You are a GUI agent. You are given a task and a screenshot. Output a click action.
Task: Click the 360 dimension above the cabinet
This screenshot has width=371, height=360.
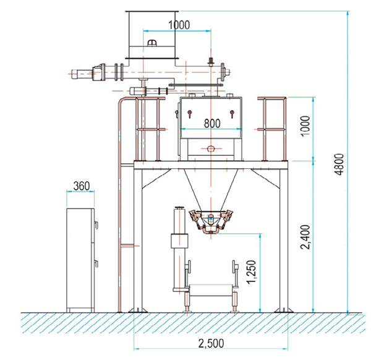(x=80, y=186)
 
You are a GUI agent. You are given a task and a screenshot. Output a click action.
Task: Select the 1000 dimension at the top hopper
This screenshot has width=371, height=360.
(x=179, y=25)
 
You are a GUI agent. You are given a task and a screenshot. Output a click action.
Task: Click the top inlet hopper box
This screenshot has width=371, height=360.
(x=152, y=34)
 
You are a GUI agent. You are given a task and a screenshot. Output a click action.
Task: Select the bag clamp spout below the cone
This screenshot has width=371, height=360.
(x=211, y=221)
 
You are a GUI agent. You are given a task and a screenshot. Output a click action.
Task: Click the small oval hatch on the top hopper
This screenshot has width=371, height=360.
(x=153, y=42)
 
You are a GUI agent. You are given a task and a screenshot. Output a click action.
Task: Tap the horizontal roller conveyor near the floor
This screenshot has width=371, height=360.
(x=210, y=289)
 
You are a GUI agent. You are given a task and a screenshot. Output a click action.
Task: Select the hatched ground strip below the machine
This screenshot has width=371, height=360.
(x=185, y=322)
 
